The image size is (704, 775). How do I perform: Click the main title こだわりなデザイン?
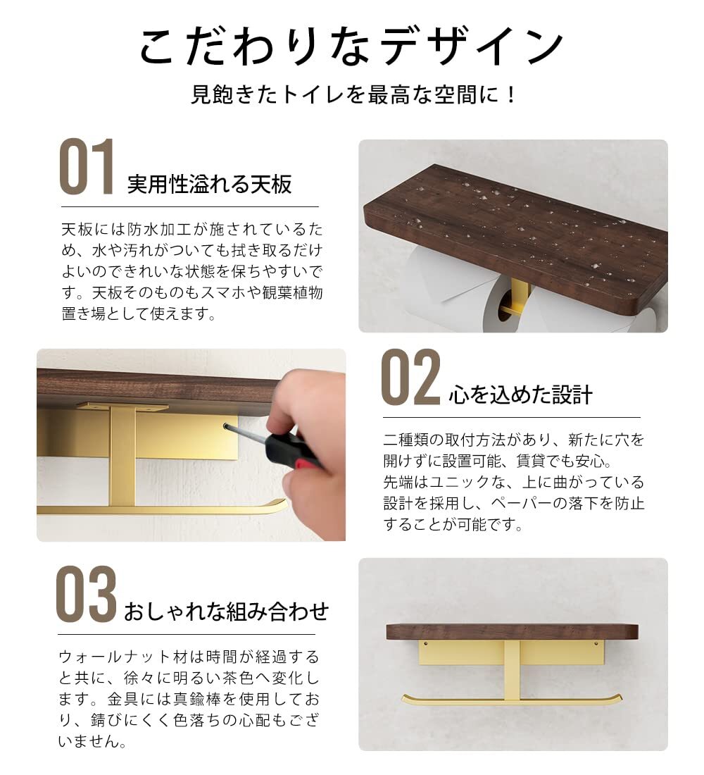(351, 46)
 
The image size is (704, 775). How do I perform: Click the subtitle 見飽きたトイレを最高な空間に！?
(353, 94)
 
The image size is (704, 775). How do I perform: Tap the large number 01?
(87, 166)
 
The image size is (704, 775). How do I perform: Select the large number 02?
(410, 377)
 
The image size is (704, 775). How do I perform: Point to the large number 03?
(86, 594)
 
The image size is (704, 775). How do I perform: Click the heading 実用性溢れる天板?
(210, 185)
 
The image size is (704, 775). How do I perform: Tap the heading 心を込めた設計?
(520, 395)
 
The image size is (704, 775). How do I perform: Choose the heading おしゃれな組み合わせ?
(226, 612)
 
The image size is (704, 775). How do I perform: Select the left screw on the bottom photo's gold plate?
(425, 644)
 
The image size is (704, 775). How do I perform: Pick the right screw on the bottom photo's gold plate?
(596, 644)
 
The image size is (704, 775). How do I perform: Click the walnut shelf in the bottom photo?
(513, 632)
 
